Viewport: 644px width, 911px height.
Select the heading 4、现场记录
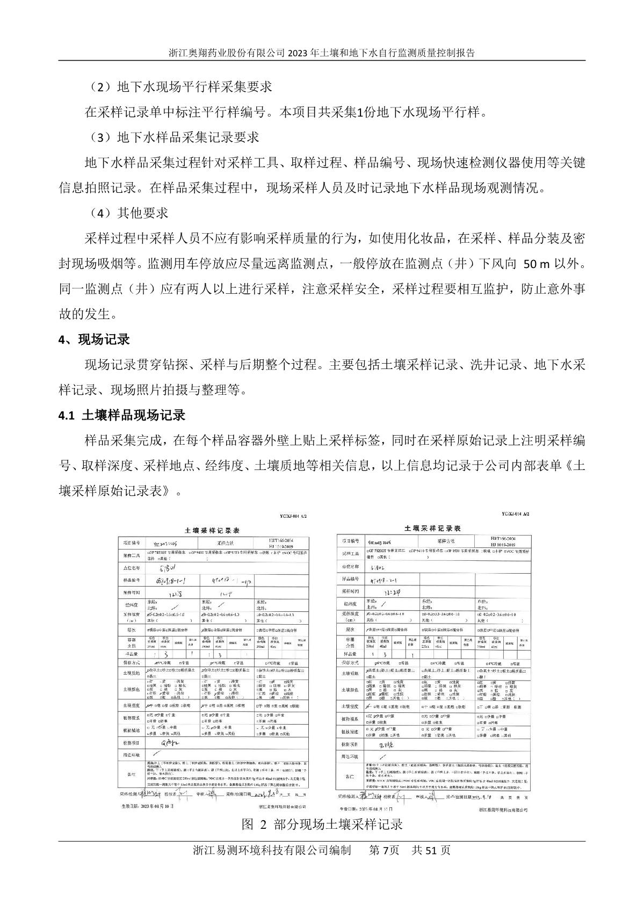(x=94, y=339)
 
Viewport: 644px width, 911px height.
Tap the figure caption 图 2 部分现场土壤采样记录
(x=322, y=824)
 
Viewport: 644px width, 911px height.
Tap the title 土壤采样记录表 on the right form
(x=433, y=529)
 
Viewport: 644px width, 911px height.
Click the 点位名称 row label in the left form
(x=132, y=567)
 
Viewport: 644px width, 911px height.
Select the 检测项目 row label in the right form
(x=350, y=745)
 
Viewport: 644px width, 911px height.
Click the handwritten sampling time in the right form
(x=392, y=591)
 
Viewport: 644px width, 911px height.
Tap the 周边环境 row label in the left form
(x=132, y=755)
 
